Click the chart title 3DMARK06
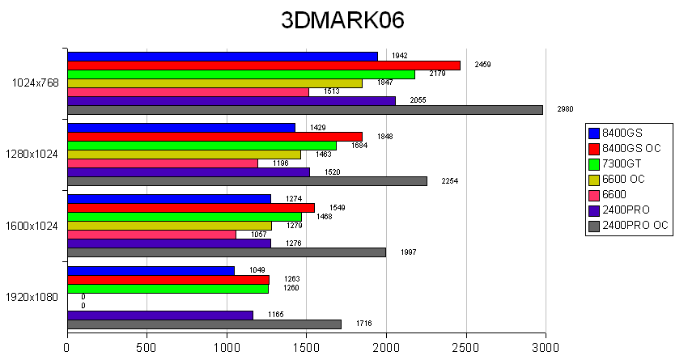point(342,21)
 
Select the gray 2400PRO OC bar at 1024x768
point(305,110)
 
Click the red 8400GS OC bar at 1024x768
point(264,65)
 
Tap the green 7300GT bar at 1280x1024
point(202,146)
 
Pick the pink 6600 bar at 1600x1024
point(152,235)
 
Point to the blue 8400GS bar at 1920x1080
point(151,270)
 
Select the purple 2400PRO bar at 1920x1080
point(160,315)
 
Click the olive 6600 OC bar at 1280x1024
point(184,155)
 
